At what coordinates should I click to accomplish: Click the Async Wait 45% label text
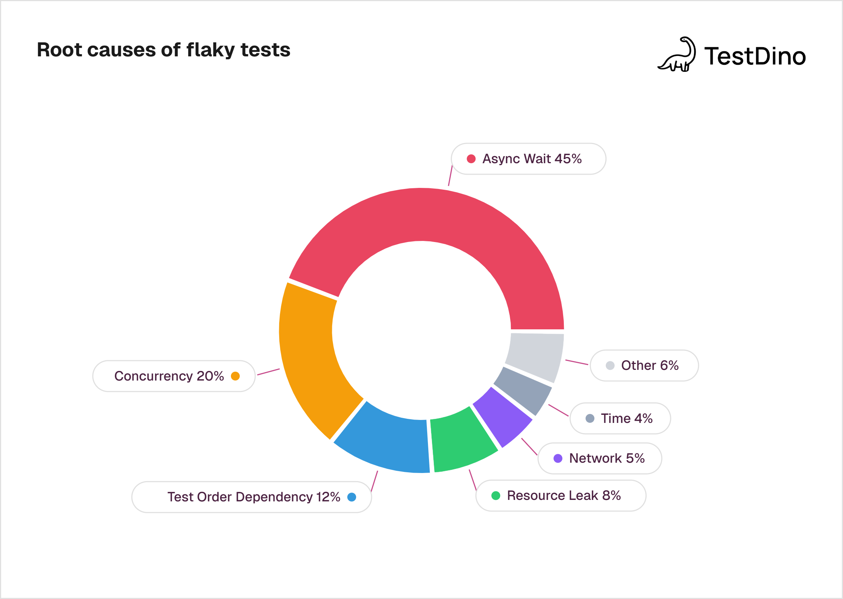coord(532,159)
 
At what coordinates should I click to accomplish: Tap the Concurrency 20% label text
coord(169,376)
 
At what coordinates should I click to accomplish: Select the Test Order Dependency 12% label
coord(254,497)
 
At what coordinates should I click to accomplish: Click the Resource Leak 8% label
coord(563,495)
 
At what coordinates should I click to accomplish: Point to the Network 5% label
coord(607,458)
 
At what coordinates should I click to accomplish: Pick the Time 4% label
coord(626,418)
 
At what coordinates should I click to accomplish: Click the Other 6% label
coord(649,365)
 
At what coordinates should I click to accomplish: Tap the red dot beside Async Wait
coord(471,159)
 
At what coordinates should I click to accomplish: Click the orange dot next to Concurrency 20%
coord(235,376)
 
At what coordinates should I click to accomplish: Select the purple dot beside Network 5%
coord(558,458)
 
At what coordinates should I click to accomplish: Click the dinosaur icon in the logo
coord(678,55)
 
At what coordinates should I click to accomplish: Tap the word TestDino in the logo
coord(755,56)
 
